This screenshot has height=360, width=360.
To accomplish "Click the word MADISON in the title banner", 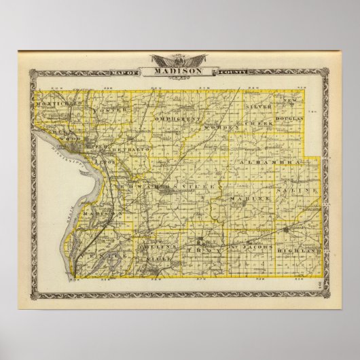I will coord(181,70).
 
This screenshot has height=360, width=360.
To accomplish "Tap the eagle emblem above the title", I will coord(181,59).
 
